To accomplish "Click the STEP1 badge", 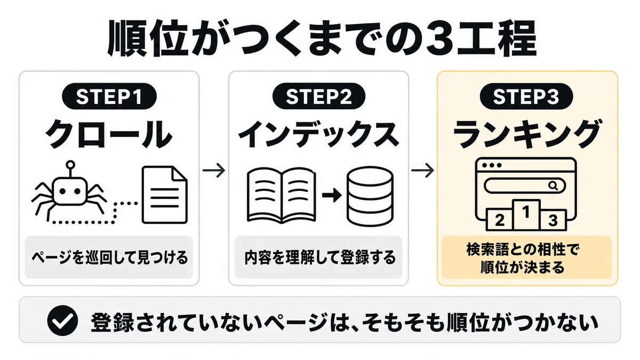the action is (x=109, y=96).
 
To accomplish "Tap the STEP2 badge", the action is (x=319, y=96).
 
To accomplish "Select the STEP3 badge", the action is (x=526, y=96).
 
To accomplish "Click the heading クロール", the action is (x=109, y=133).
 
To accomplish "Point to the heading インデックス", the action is (x=318, y=133).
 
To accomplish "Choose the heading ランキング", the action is (x=527, y=133).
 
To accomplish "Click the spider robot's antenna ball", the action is (x=70, y=165).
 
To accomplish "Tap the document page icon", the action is (x=165, y=195).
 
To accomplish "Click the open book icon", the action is (x=282, y=195).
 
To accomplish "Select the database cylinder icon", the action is (x=370, y=196).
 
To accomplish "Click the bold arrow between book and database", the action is (x=332, y=195).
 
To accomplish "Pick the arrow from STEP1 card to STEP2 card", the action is (x=214, y=170).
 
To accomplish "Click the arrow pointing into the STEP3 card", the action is (x=422, y=170).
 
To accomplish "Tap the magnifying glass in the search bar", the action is (x=554, y=186).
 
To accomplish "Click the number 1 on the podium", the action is (x=526, y=212).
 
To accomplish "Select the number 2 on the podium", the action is (x=499, y=220).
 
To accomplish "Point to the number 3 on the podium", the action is (x=553, y=220).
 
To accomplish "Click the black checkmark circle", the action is (x=62, y=320).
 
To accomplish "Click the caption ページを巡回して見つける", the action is (x=109, y=258).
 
